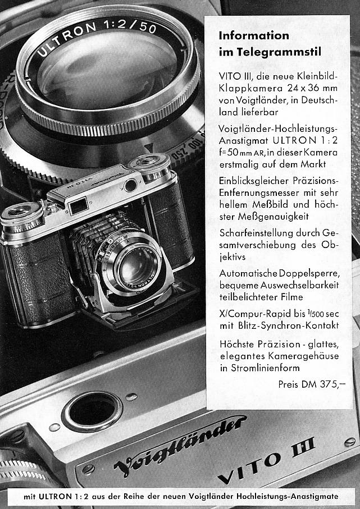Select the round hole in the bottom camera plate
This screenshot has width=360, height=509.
[x=92, y=409]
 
